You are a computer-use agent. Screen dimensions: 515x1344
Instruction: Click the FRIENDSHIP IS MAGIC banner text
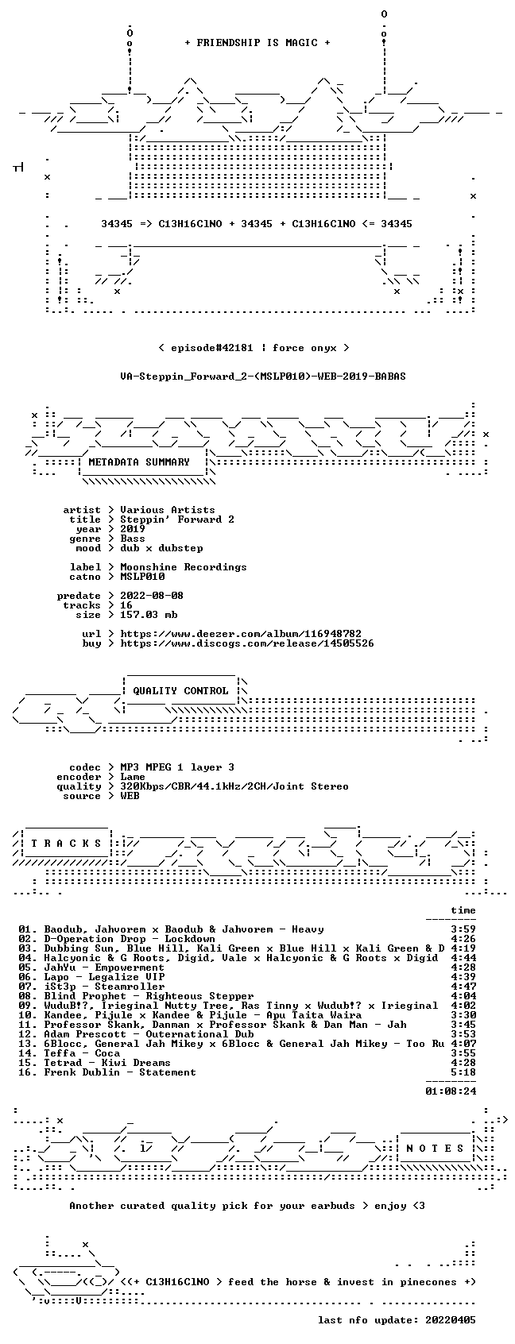pyautogui.click(x=257, y=43)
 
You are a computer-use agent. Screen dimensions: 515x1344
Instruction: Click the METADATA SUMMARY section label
pyautogui.click(x=138, y=462)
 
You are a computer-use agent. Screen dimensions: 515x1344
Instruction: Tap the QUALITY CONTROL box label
pyautogui.click(x=180, y=690)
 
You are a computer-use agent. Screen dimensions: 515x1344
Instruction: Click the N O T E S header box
pyautogui.click(x=436, y=1149)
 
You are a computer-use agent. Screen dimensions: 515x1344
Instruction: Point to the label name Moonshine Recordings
pyautogui.click(x=183, y=567)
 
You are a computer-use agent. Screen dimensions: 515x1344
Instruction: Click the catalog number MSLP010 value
pyautogui.click(x=142, y=577)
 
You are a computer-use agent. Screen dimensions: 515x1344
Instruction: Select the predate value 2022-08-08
pyautogui.click(x=152, y=596)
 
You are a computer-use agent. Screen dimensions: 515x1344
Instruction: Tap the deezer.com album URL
pyautogui.click(x=241, y=634)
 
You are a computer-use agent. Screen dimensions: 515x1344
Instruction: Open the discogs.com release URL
pyautogui.click(x=246, y=643)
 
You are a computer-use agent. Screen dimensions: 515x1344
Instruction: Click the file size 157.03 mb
pyautogui.click(x=149, y=615)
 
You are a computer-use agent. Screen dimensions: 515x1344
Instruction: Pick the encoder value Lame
pyautogui.click(x=133, y=777)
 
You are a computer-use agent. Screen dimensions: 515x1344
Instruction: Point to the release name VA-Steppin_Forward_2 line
pyautogui.click(x=263, y=377)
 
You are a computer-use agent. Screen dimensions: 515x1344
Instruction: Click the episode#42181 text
pyautogui.click(x=212, y=348)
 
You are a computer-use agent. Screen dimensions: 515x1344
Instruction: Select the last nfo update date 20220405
pyautogui.click(x=451, y=1320)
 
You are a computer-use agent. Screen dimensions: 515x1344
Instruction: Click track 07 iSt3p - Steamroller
pyautogui.click(x=91, y=987)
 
